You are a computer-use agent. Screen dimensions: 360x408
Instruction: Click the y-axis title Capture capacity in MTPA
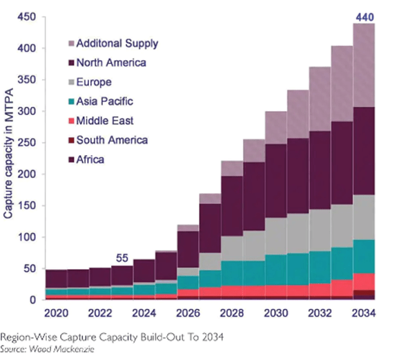(9, 160)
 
